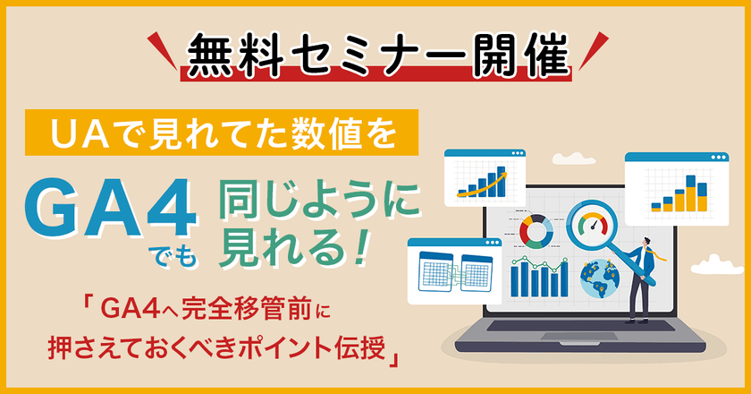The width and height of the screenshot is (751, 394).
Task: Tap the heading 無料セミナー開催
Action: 375,56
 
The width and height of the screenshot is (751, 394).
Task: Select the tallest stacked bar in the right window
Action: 689,191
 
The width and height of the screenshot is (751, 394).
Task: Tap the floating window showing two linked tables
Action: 455,269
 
